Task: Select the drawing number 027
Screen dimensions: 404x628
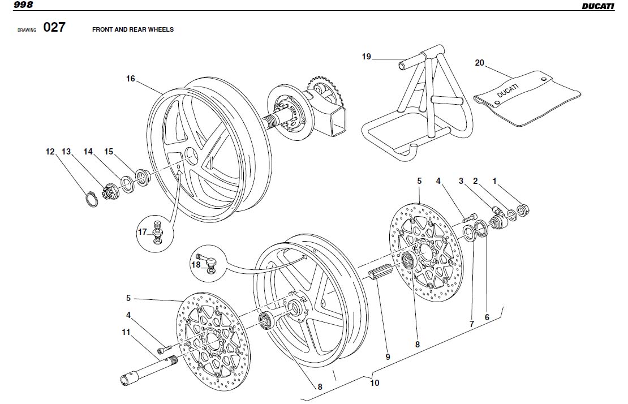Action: point(54,27)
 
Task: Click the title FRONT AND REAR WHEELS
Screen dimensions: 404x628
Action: point(133,29)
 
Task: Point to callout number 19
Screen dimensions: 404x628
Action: point(367,57)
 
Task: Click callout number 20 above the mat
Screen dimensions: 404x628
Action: point(479,63)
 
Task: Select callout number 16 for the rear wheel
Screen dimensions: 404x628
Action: point(131,79)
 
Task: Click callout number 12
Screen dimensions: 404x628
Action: point(50,152)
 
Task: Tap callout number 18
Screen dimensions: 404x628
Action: point(196,264)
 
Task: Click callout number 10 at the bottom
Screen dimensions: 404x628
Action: point(375,383)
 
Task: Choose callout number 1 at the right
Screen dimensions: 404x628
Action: point(494,182)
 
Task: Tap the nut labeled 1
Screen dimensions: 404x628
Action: point(523,211)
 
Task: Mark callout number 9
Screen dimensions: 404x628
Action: point(388,356)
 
